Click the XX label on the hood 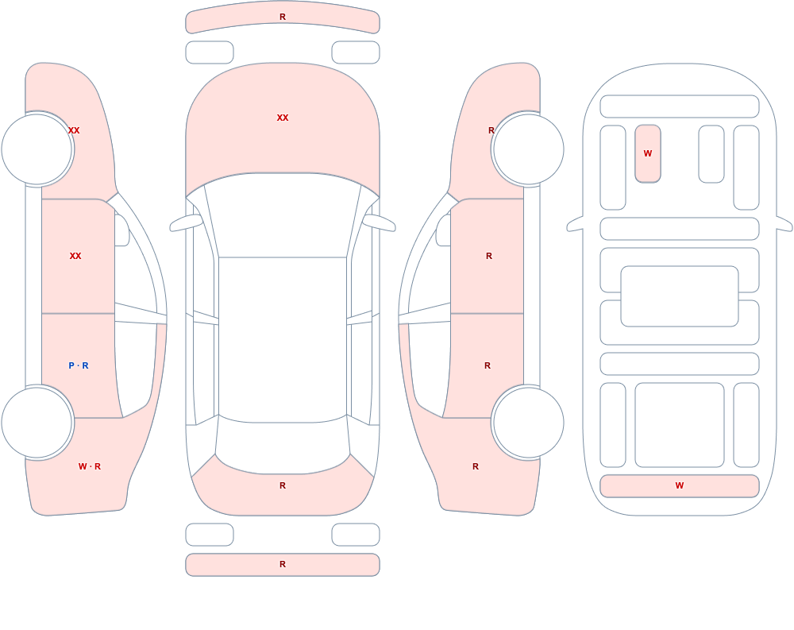[283, 118]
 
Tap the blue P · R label [79, 365]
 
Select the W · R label [90, 466]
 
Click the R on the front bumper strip [283, 17]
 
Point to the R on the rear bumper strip [283, 564]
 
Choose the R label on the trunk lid [283, 485]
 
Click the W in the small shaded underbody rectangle [648, 153]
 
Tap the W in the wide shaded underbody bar [680, 485]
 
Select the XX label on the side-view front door [75, 256]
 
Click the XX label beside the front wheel [74, 130]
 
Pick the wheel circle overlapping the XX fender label [37, 149]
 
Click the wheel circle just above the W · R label [37, 422]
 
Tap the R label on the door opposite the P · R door [488, 365]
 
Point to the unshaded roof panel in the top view [283, 339]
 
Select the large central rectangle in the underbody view [680, 296]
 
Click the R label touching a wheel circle [491, 130]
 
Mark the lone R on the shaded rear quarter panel [476, 466]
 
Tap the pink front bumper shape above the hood [283, 17]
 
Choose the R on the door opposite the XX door [489, 256]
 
